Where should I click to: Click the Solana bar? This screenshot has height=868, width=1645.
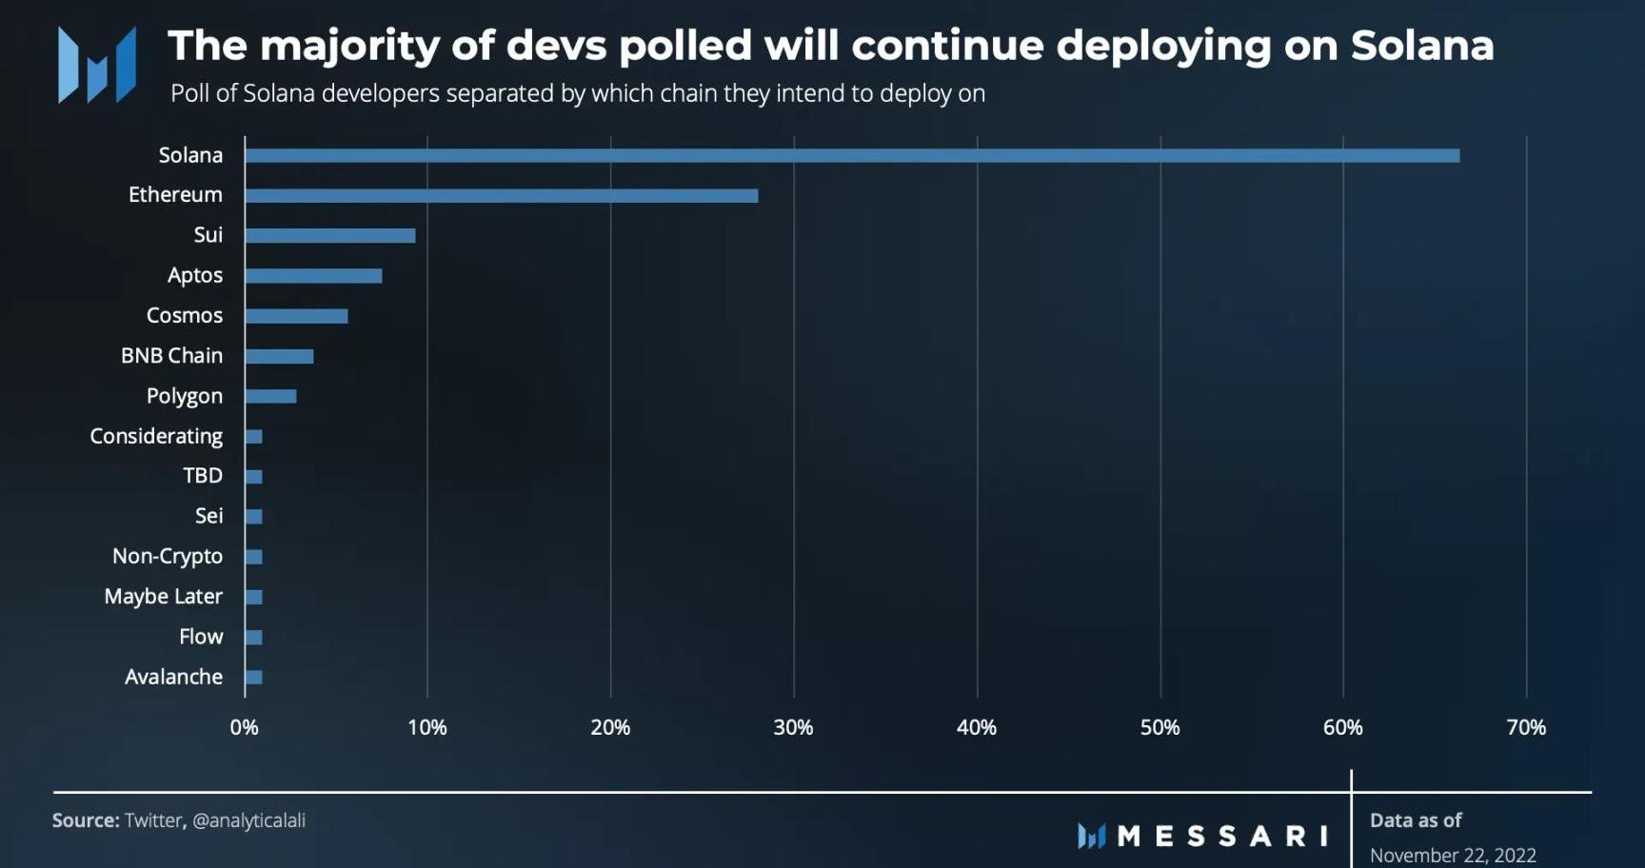pyautogui.click(x=852, y=155)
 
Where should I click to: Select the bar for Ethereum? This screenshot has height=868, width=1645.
pyautogui.click(x=502, y=196)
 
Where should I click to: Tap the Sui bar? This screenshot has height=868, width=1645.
pyautogui.click(x=330, y=236)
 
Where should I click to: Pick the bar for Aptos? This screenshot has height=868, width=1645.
pyautogui.click(x=313, y=276)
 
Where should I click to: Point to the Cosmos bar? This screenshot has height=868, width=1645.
pyautogui.click(x=296, y=316)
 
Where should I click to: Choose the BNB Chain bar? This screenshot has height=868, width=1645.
pyautogui.click(x=279, y=356)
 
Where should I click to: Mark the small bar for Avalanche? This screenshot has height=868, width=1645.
pyautogui.click(x=253, y=678)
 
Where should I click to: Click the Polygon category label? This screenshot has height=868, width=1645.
pyautogui.click(x=184, y=396)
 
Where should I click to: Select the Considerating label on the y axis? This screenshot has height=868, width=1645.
pyautogui.click(x=156, y=436)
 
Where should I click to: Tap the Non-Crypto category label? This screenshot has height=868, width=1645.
pyautogui.click(x=168, y=556)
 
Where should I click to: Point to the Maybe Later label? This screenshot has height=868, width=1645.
pyautogui.click(x=163, y=597)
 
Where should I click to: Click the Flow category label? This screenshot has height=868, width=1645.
pyautogui.click(x=201, y=637)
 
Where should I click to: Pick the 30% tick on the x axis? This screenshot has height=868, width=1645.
pyautogui.click(x=793, y=728)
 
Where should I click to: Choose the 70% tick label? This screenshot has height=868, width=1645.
pyautogui.click(x=1526, y=728)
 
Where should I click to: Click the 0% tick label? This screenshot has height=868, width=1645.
pyautogui.click(x=244, y=728)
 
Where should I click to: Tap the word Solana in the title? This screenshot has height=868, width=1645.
pyautogui.click(x=1421, y=46)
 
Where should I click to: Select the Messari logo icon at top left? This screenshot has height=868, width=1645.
pyautogui.click(x=96, y=65)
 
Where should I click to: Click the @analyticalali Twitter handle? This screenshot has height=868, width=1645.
pyautogui.click(x=248, y=820)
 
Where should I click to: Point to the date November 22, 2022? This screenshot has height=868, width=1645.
pyautogui.click(x=1453, y=855)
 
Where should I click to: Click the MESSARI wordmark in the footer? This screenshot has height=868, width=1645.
pyautogui.click(x=1221, y=837)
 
